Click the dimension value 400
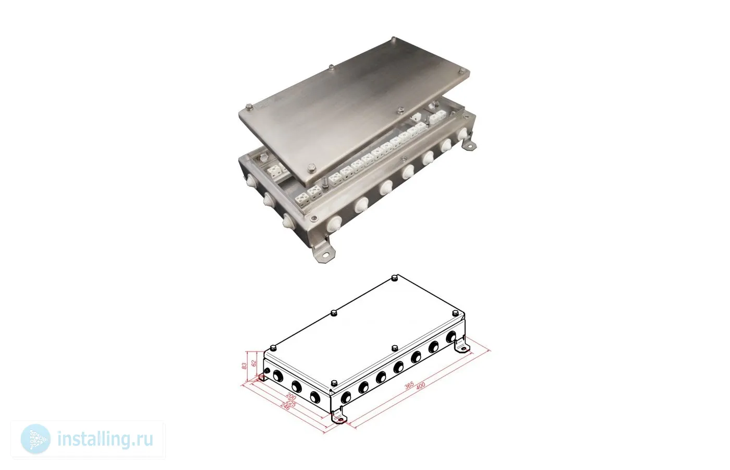point(421,385)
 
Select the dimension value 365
point(409,385)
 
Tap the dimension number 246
point(285,406)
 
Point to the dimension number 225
point(291,403)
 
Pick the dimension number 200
point(291,396)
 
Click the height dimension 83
point(245,366)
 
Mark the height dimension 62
point(255,363)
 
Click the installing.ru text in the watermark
point(105,439)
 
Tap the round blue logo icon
point(35,439)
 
